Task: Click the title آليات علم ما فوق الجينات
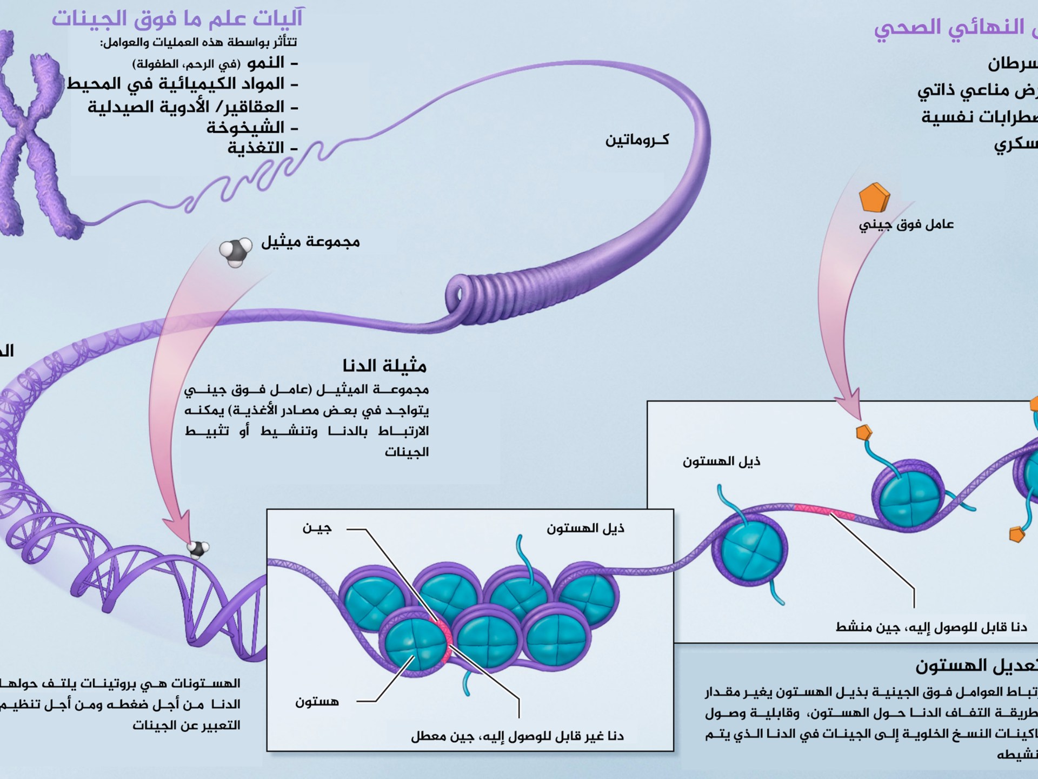pos(177,18)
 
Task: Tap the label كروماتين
pos(637,140)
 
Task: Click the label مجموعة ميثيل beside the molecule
pos(310,242)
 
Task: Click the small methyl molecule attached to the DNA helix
pos(197,549)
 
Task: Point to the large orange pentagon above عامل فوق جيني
pos(874,198)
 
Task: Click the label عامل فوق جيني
pos(906,224)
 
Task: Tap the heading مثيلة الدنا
pos(384,366)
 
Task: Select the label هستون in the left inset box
pos(317,702)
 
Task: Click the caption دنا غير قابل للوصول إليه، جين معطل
pos(517,736)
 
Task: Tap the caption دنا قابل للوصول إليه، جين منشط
pos(931,628)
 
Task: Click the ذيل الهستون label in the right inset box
pos(721,461)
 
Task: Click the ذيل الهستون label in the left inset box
pos(585,529)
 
